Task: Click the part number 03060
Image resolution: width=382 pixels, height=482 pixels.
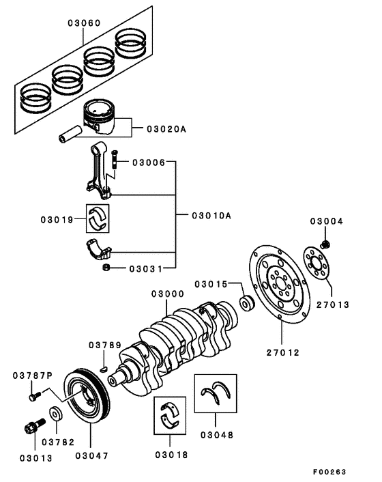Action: point(84,23)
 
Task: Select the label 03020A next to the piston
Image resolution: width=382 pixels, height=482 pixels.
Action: point(164,128)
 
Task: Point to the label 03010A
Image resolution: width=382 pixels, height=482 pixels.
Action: point(211,215)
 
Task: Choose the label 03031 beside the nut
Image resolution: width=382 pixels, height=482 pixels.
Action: point(145,268)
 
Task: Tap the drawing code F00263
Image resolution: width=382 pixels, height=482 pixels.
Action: point(330,472)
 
